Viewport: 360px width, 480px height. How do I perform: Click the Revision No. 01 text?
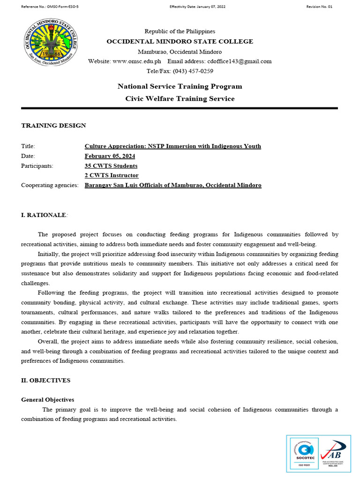tap(319, 7)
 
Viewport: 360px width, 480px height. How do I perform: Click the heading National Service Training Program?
tap(180, 86)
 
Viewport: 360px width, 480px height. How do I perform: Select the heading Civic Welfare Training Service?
tap(180, 98)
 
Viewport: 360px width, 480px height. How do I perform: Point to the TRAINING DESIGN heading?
tap(53, 126)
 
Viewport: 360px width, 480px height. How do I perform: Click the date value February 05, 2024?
tap(110, 156)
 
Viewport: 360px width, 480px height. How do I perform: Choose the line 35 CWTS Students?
tap(111, 166)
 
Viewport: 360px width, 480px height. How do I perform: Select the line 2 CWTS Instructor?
tap(112, 175)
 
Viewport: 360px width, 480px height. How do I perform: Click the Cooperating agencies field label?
tap(50, 185)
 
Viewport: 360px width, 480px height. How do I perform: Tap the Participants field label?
tap(37, 166)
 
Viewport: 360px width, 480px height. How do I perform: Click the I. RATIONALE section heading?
tap(44, 215)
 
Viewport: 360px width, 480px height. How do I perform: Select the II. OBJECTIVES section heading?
tap(46, 381)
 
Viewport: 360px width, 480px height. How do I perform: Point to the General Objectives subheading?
tap(47, 400)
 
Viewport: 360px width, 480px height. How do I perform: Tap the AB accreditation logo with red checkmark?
tap(335, 454)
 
